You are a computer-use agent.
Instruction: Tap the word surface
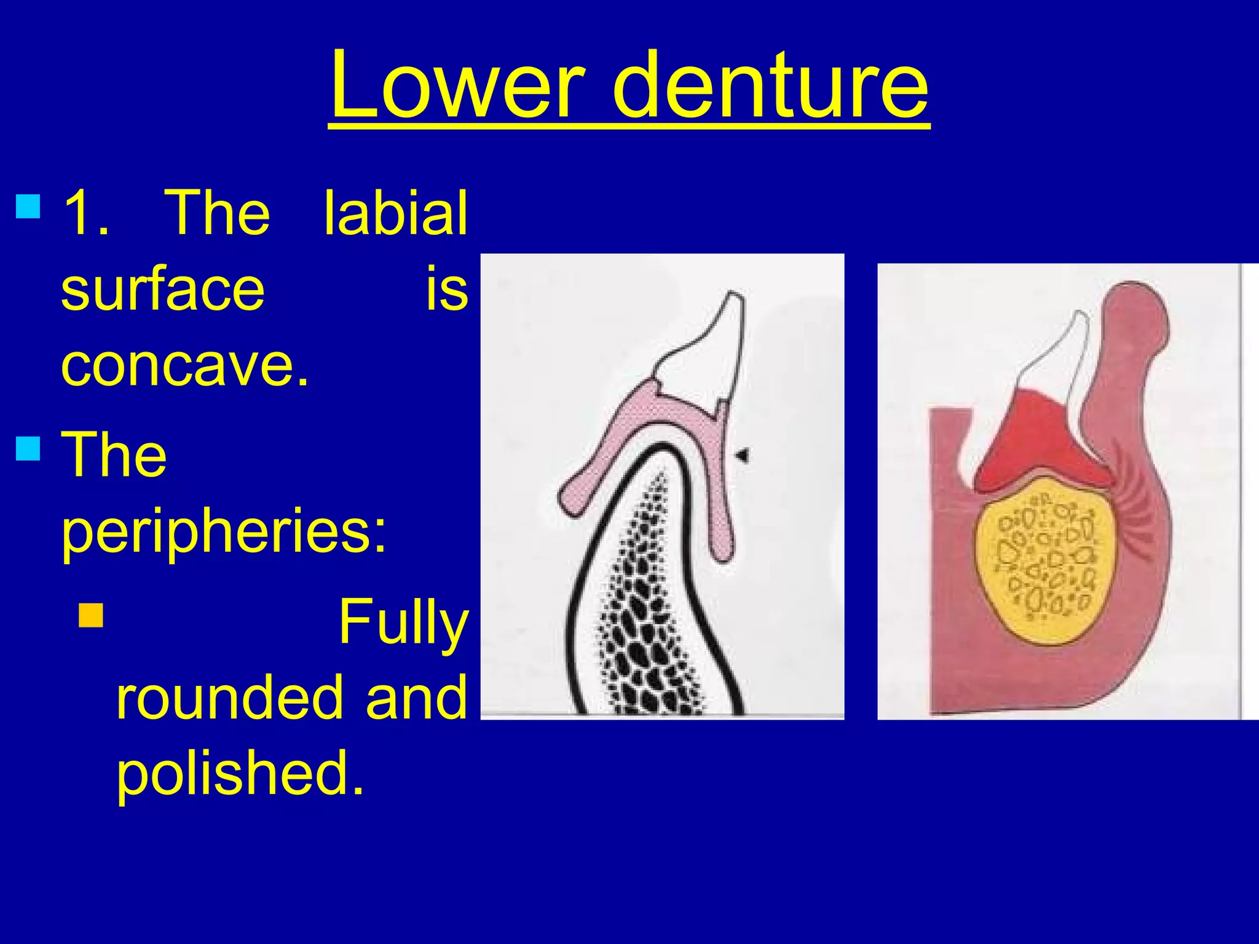point(163,290)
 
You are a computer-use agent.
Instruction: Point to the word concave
point(184,366)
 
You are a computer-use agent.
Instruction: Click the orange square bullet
point(91,615)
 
